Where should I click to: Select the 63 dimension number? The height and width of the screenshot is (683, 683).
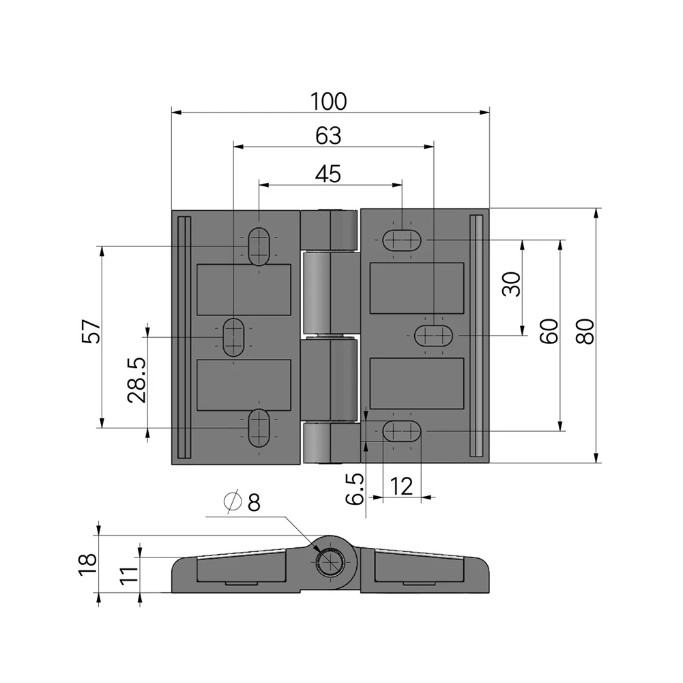(328, 136)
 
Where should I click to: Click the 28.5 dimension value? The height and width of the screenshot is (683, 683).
(136, 380)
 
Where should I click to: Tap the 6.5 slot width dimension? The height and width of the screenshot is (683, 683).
(355, 489)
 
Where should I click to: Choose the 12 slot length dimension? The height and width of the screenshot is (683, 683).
(402, 486)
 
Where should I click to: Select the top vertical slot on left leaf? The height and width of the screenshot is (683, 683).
(259, 246)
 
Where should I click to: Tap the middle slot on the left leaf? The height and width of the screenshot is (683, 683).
(233, 336)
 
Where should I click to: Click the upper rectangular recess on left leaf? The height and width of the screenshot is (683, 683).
(244, 289)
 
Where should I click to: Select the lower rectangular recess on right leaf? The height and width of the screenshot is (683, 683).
(416, 384)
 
